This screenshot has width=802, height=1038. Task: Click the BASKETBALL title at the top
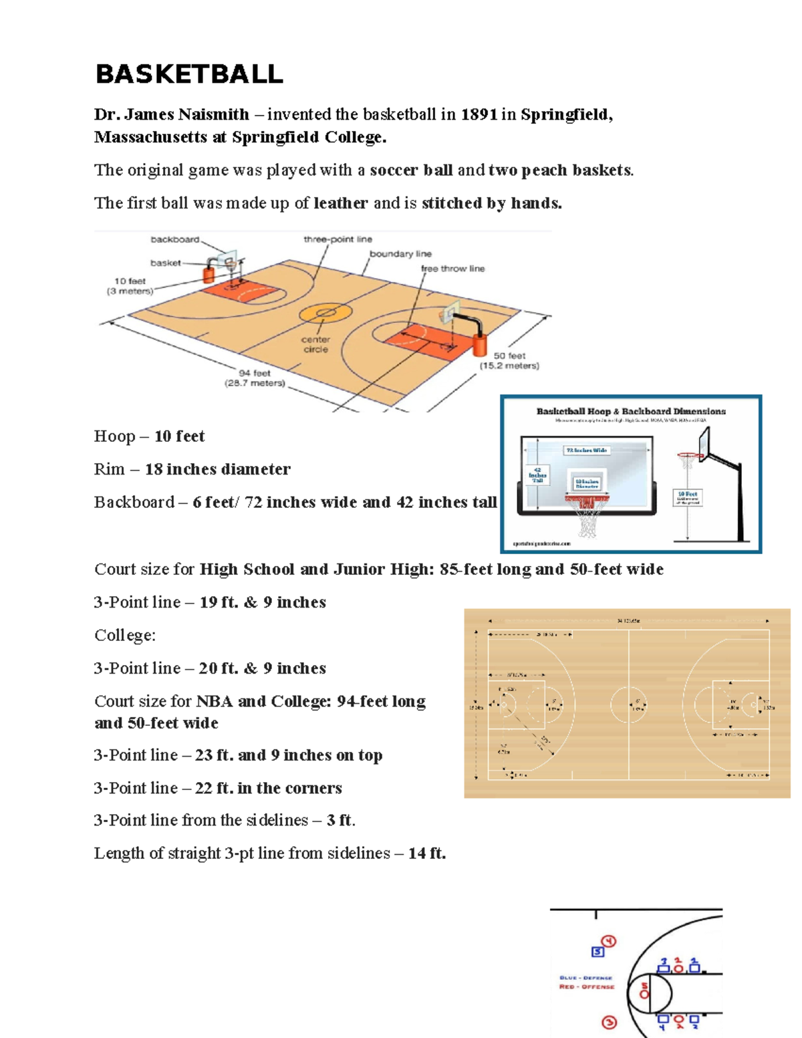tap(189, 74)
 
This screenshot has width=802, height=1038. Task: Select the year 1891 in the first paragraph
tap(479, 114)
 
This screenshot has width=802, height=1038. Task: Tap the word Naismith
tap(213, 114)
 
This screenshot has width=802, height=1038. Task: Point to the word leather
tap(341, 203)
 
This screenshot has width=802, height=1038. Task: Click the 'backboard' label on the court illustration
tap(174, 239)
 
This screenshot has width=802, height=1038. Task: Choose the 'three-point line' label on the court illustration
tap(338, 239)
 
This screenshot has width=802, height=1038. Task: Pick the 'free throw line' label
tap(452, 269)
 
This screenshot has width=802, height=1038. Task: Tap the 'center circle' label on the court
tap(315, 344)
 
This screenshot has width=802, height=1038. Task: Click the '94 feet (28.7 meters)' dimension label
tap(255, 378)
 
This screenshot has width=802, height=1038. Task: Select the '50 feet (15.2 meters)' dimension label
tap(509, 361)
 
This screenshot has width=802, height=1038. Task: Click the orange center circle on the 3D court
tap(325, 312)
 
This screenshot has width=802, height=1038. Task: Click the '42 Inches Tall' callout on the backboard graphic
tap(537, 475)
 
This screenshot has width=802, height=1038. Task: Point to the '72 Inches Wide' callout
tap(586, 450)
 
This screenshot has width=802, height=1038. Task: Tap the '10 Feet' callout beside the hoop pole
tap(688, 497)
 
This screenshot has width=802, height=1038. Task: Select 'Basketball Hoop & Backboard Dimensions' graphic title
tap(630, 412)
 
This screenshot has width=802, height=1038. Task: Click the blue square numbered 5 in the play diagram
tap(597, 952)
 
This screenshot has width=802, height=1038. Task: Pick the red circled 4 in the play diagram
tap(609, 942)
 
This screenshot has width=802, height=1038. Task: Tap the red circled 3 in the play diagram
tap(609, 1023)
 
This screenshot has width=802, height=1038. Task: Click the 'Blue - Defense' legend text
tap(585, 978)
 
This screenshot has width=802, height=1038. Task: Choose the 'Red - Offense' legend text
tap(586, 987)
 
